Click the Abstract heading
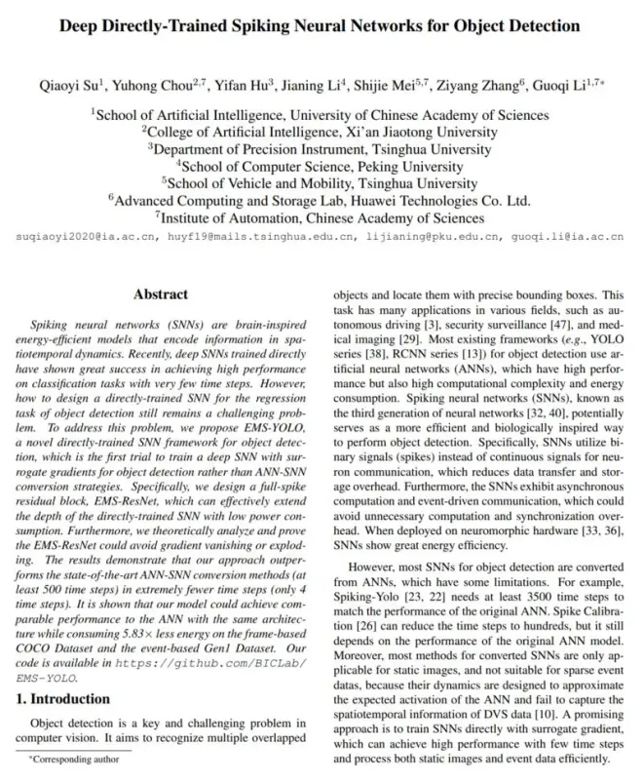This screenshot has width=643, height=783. tap(161, 294)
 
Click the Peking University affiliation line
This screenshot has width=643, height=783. tap(322, 167)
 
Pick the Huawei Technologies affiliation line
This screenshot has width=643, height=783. tap(322, 201)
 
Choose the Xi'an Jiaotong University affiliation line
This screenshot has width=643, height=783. tap(322, 132)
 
